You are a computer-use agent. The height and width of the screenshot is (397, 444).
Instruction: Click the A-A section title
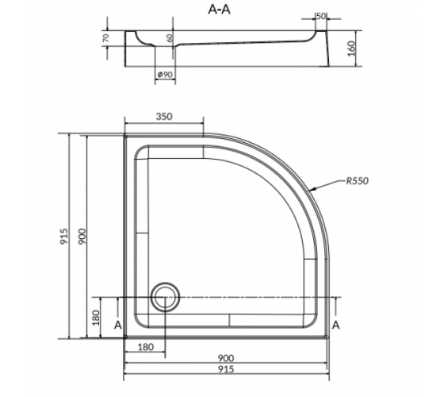(x=219, y=10)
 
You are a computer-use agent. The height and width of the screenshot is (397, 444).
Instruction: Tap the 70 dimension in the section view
(x=105, y=38)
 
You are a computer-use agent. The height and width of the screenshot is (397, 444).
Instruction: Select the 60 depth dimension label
(x=170, y=38)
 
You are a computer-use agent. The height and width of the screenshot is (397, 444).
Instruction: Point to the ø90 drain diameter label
(x=165, y=75)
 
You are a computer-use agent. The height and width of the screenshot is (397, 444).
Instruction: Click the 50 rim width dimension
(x=321, y=17)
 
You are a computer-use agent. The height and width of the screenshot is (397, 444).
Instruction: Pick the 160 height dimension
(x=351, y=48)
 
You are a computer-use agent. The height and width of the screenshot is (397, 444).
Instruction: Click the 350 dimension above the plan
(x=164, y=117)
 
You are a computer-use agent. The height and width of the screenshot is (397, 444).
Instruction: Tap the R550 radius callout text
(x=358, y=181)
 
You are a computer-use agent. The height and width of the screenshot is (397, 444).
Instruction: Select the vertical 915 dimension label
(x=64, y=237)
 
